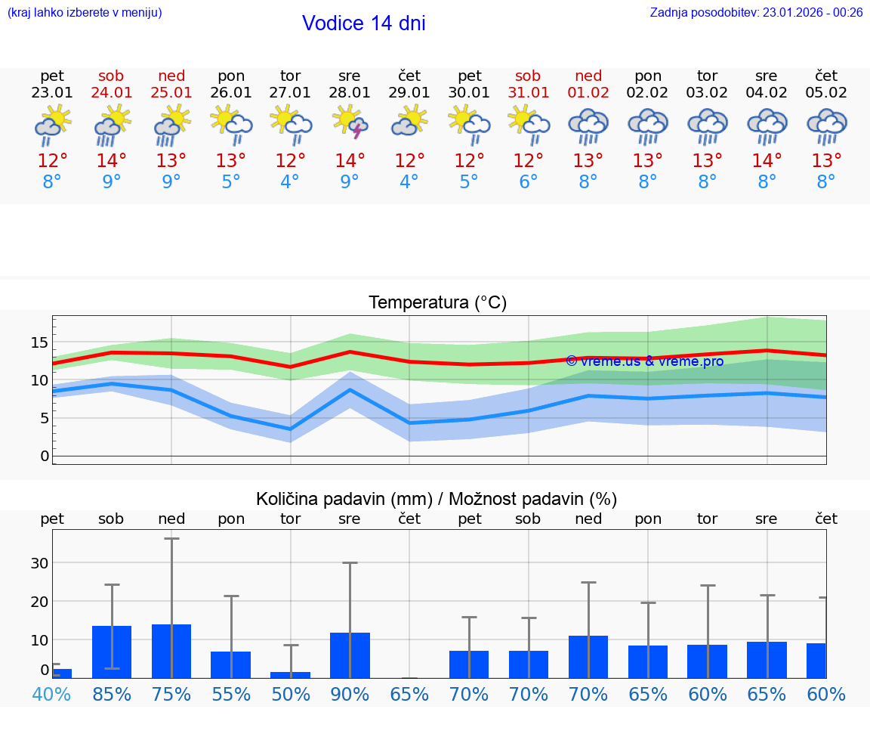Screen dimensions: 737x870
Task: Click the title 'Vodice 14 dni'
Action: (363, 23)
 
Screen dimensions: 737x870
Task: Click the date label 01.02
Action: (588, 93)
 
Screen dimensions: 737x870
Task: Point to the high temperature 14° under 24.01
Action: (112, 161)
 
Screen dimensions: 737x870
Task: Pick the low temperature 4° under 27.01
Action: (290, 182)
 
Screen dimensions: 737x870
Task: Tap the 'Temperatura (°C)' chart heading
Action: (437, 303)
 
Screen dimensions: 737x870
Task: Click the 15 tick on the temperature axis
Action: (39, 343)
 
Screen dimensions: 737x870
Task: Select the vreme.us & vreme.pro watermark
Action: (644, 361)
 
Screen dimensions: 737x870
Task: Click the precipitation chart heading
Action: (437, 499)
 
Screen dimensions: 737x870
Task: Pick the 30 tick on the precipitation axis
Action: (39, 563)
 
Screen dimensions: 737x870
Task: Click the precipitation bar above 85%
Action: (112, 652)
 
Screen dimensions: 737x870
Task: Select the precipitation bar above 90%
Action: (350, 655)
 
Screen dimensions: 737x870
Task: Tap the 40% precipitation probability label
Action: (52, 695)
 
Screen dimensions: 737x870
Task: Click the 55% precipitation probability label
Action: (230, 695)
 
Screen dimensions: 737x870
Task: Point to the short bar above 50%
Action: (290, 674)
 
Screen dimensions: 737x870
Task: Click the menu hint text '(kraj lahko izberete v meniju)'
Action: (85, 12)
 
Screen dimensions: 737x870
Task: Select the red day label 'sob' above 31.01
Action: (528, 76)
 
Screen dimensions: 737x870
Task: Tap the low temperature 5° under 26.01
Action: (230, 182)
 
